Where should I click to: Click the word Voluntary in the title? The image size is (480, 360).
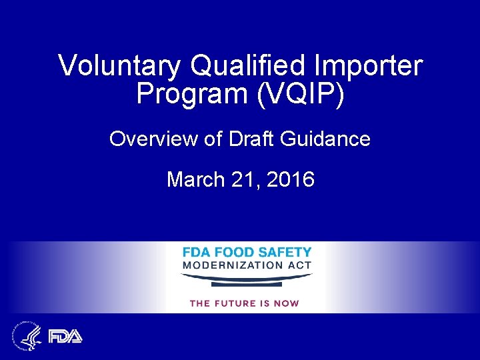pyautogui.click(x=119, y=66)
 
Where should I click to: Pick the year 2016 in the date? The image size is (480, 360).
pyautogui.click(x=290, y=179)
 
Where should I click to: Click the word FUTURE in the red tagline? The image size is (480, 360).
pyautogui.click(x=239, y=303)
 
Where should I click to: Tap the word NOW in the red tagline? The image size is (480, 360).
pyautogui.click(x=286, y=303)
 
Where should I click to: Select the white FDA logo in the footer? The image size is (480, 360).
pyautogui.click(x=65, y=335)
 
